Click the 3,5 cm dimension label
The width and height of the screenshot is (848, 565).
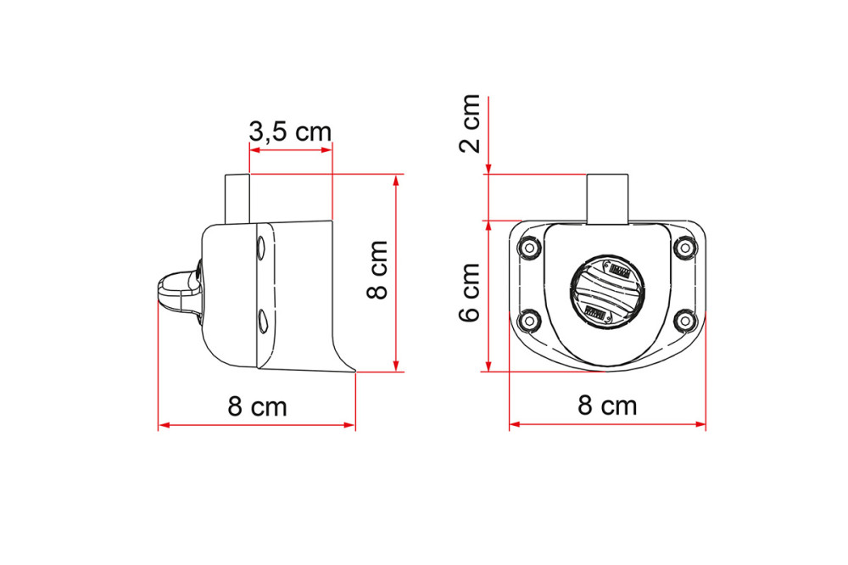[289, 131]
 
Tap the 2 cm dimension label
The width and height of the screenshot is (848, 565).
[470, 123]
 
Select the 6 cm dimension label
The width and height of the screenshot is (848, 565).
[470, 292]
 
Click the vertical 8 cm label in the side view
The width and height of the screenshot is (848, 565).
[377, 270]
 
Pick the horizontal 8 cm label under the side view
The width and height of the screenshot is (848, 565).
[257, 406]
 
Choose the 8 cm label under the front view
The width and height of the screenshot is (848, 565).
[607, 406]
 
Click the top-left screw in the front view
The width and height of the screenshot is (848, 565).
[528, 248]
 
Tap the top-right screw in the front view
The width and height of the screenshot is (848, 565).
[684, 248]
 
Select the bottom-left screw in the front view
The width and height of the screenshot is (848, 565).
[528, 321]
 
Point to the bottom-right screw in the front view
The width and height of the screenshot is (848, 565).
[684, 321]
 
